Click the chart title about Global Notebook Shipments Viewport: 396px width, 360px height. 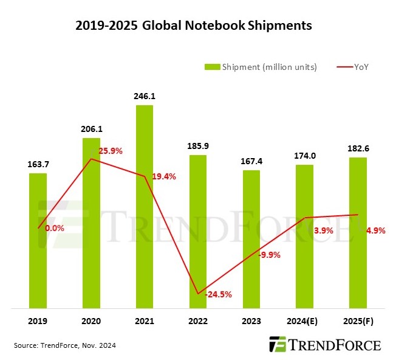pyautogui.click(x=194, y=26)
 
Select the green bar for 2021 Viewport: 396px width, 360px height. pyautogui.click(x=145, y=207)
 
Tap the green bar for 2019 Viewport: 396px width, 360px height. pyautogui.click(x=38, y=240)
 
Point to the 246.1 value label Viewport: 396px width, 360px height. pyautogui.click(x=145, y=95)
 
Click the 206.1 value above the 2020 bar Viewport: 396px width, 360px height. pyautogui.click(x=92, y=129)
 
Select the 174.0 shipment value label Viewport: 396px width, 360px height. pyautogui.click(x=305, y=155)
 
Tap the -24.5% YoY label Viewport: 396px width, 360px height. pyautogui.click(x=218, y=295)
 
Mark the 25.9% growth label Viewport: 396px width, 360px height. pyautogui.click(x=110, y=151)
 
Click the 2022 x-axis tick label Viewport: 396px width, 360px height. pyautogui.click(x=198, y=320)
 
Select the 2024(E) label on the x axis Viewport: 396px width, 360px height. pyautogui.click(x=305, y=320)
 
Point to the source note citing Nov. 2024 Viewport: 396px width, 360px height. pyautogui.click(x=64, y=345)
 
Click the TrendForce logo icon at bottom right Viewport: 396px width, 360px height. pyautogui.click(x=278, y=344)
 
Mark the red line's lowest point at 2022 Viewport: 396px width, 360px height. pyautogui.click(x=198, y=294)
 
